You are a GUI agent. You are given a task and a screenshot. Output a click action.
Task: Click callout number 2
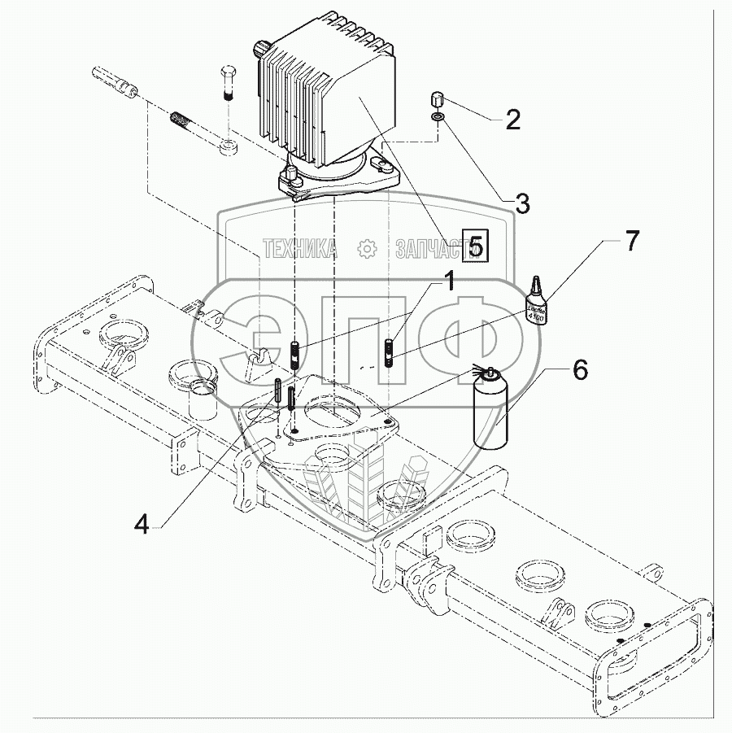click(x=512, y=120)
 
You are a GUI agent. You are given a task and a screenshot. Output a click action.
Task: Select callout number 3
click(x=523, y=203)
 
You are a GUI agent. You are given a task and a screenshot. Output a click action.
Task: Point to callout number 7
click(x=631, y=241)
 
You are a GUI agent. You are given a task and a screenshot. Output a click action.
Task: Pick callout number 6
click(x=579, y=370)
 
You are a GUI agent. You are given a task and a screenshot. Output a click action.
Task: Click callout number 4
click(x=142, y=526)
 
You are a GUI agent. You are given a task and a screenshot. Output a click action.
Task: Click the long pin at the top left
click(x=113, y=82)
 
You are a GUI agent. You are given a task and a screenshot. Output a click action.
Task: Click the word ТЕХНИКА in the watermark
click(x=300, y=249)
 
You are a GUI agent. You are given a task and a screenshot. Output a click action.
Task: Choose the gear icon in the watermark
click(x=367, y=248)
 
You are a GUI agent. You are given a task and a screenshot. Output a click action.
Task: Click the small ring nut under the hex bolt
click(x=229, y=148)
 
